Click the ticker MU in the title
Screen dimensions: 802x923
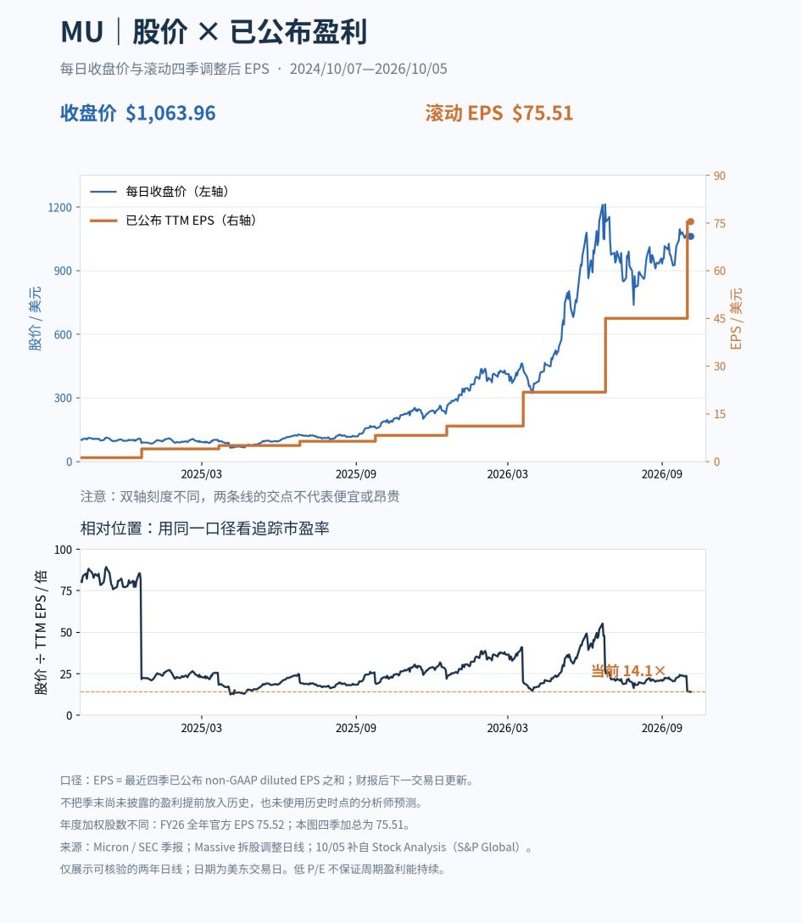81,31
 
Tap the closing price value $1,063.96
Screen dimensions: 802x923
170,113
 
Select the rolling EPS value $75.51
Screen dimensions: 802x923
543,113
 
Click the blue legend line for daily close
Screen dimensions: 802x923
103,192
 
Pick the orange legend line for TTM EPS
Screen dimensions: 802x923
103,221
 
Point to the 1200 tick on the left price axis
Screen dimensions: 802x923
60,207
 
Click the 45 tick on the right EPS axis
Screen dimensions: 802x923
720,318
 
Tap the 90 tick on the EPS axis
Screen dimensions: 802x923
720,176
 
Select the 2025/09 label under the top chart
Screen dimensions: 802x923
356,474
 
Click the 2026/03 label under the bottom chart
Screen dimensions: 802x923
507,728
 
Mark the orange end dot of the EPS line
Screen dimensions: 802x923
691,222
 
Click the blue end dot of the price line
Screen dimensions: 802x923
691,237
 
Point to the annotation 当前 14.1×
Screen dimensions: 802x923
628,671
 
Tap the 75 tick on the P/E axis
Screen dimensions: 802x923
66,591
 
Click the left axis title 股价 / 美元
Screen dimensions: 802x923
36,318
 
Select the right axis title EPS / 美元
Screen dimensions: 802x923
736,318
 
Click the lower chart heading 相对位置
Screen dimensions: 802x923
111,528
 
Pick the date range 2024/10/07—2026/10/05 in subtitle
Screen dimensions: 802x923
368,69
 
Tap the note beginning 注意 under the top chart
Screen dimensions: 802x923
240,496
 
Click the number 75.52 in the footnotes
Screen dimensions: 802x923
270,825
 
